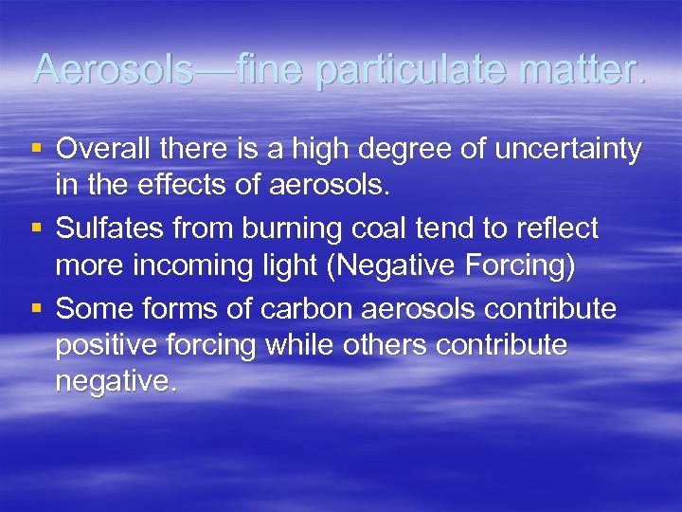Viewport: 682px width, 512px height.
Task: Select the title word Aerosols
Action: coord(106,68)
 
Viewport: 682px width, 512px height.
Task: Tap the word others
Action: coord(387,344)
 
